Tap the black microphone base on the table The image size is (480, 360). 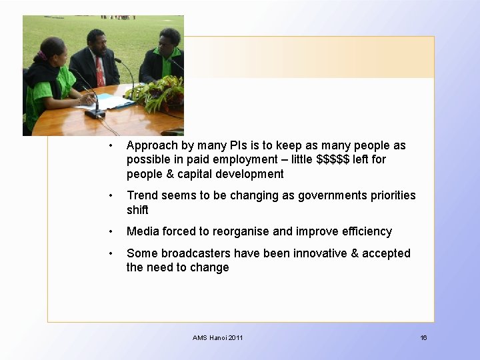[95, 114]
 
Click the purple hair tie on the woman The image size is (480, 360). [44, 56]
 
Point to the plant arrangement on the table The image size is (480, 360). [158, 93]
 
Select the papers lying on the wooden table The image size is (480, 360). [107, 102]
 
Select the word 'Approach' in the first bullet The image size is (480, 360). [151, 145]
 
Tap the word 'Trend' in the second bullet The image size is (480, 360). [142, 195]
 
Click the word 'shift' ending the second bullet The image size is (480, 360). [137, 210]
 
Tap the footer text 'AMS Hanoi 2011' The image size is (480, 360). [217, 338]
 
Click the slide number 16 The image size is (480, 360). [423, 338]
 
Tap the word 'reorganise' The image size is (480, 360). [241, 231]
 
